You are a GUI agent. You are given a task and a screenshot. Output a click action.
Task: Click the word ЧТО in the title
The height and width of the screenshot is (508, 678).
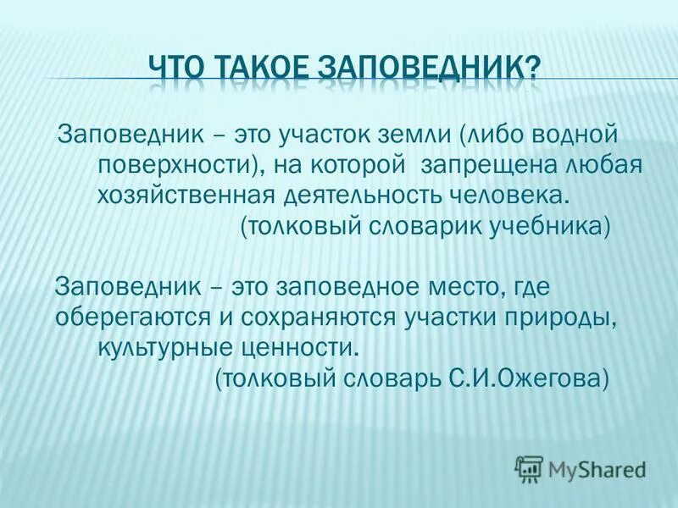click(x=175, y=67)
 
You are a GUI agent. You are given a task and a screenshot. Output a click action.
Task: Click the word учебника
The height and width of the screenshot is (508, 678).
click(x=549, y=226)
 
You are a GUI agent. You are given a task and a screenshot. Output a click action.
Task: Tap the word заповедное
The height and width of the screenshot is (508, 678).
click(x=339, y=287)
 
